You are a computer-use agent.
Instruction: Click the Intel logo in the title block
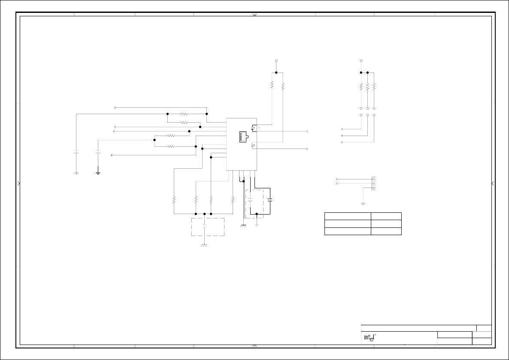[370, 338]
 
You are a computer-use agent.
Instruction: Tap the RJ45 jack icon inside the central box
[244, 137]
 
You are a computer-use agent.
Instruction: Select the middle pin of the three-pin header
[373, 184]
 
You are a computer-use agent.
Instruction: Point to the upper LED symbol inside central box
[253, 128]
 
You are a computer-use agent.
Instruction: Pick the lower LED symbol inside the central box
[253, 146]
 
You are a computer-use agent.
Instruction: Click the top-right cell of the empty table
[386, 216]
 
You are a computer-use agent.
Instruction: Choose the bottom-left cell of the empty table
[348, 231]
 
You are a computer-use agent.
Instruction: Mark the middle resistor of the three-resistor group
[368, 86]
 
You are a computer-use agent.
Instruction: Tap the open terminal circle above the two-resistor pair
[276, 61]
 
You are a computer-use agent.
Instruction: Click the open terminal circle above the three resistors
[361, 61]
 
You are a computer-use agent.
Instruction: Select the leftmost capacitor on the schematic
[76, 152]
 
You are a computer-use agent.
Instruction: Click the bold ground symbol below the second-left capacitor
[98, 172]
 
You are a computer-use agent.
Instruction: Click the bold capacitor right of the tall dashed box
[270, 200]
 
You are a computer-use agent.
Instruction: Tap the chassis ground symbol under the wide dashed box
[204, 245]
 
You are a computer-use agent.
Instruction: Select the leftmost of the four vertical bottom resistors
[174, 200]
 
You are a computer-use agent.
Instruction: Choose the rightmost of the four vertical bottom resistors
[233, 200]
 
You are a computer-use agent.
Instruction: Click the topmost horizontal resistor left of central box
[184, 114]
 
